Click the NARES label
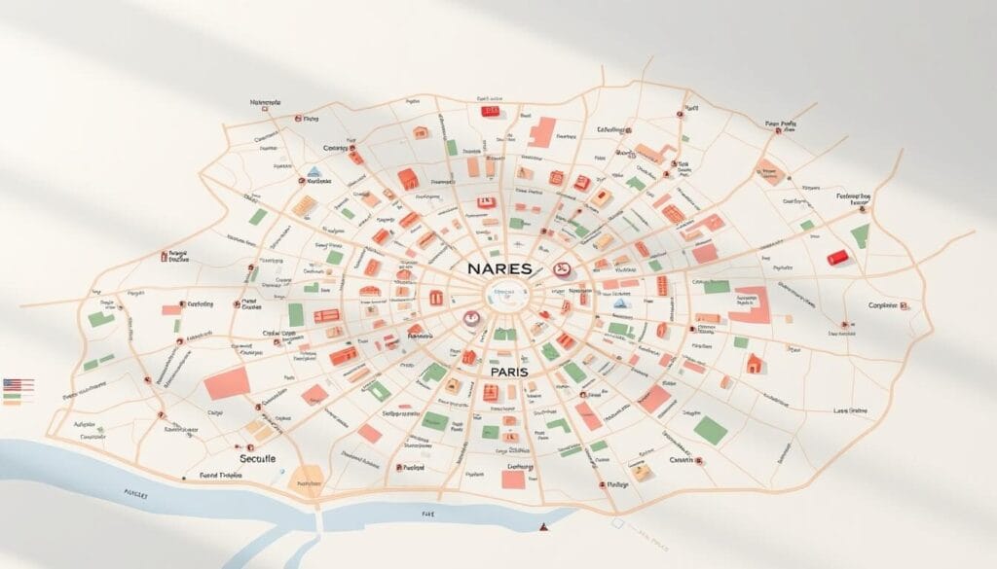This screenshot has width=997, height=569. click(x=498, y=267)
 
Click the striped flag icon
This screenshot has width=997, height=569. click(x=18, y=385)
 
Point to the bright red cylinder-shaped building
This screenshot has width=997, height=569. click(x=837, y=257)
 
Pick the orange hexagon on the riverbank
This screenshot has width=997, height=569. click(x=308, y=479)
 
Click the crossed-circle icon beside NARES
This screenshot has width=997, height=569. click(x=560, y=269)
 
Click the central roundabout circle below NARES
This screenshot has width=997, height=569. click(x=503, y=297)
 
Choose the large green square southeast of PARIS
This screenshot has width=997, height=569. click(x=712, y=430)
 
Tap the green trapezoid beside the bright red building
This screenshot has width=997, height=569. click(x=860, y=235)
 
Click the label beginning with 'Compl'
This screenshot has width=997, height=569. click(x=886, y=305)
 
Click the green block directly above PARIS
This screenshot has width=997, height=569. click(x=503, y=335)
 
